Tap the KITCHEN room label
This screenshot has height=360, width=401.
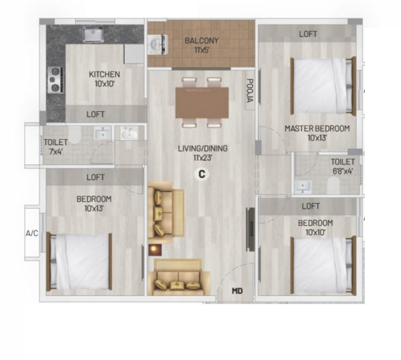pos(104,74)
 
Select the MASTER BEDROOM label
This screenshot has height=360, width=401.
pos(316,128)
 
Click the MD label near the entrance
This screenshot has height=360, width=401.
pos(237,291)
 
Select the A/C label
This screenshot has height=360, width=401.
pos(32,234)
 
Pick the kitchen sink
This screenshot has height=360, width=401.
pos(91,33)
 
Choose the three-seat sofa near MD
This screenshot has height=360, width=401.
pos(177,275)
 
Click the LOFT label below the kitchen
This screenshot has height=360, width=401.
pos(95,115)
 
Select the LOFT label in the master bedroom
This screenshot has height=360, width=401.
pos(307,34)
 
